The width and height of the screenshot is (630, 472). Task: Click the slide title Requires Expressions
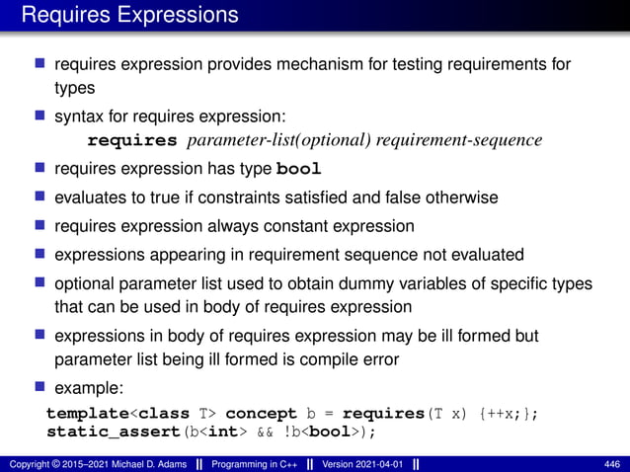(x=129, y=15)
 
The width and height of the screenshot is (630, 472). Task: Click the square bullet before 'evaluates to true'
(x=41, y=197)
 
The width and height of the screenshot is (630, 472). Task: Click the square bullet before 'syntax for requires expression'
(x=41, y=116)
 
